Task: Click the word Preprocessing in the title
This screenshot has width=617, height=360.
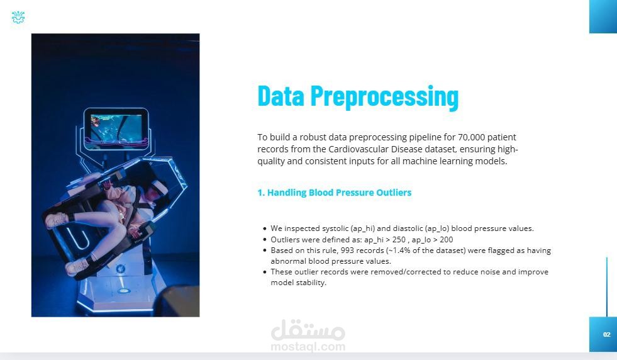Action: pyautogui.click(x=384, y=96)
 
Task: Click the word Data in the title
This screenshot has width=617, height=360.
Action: pyautogui.click(x=281, y=96)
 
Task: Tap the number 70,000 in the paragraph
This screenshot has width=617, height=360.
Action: pyautogui.click(x=472, y=137)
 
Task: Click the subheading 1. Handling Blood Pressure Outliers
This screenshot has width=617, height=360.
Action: pyautogui.click(x=335, y=193)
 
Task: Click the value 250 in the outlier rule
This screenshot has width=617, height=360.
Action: pyautogui.click(x=399, y=239)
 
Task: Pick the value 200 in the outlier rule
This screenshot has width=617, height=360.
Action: pyautogui.click(x=446, y=239)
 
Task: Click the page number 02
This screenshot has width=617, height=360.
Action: pyautogui.click(x=607, y=334)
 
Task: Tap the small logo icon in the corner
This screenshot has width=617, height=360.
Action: pyautogui.click(x=18, y=18)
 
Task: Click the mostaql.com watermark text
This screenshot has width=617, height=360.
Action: pyautogui.click(x=308, y=347)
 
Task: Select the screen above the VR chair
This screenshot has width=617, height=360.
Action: pyautogui.click(x=116, y=129)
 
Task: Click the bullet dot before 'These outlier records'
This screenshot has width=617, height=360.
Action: pyautogui.click(x=264, y=272)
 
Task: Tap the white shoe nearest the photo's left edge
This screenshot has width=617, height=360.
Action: pyautogui.click(x=56, y=220)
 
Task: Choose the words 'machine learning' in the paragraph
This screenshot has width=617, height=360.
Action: pyautogui.click(x=432, y=161)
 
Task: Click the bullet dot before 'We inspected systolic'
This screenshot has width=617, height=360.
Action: pyautogui.click(x=264, y=229)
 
